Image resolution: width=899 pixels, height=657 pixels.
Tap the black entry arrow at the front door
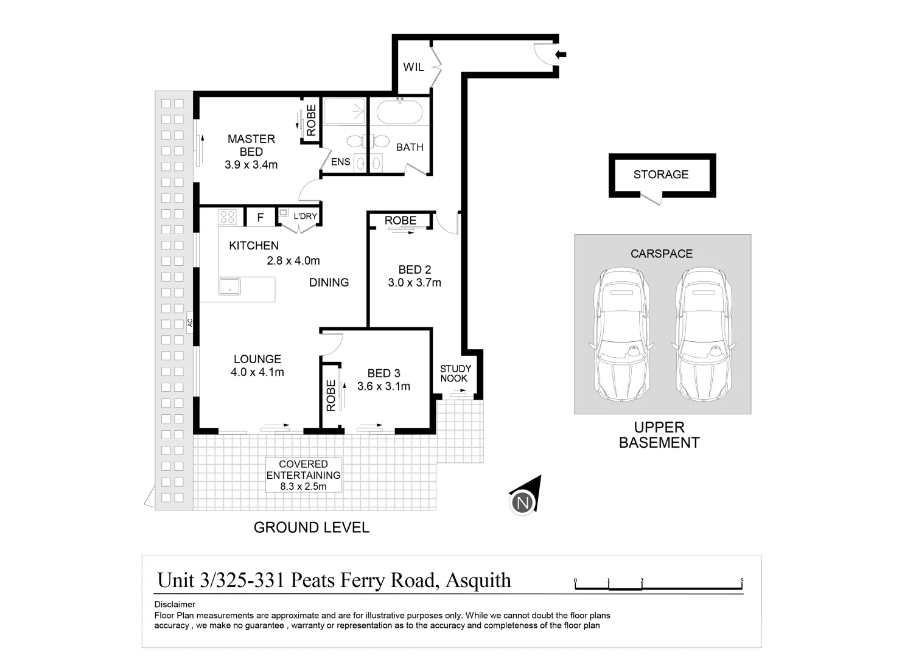[x=561, y=55]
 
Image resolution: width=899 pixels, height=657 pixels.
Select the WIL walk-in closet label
[x=413, y=67]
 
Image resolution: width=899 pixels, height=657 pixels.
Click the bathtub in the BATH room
[x=399, y=113]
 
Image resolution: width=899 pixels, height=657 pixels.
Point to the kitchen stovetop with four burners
[x=228, y=217]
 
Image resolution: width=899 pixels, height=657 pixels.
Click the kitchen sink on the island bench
[x=229, y=287]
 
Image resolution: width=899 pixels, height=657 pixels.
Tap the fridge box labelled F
[x=260, y=217]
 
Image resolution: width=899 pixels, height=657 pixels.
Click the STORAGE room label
[x=660, y=175]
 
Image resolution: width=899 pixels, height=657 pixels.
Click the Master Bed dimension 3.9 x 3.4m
[x=251, y=165]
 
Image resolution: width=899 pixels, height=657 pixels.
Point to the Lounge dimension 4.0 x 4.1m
[x=257, y=372]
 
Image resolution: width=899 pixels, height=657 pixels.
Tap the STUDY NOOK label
[x=455, y=374]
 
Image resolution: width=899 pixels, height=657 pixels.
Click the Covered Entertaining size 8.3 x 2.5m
[x=303, y=486]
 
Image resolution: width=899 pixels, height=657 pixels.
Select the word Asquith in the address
[x=478, y=580]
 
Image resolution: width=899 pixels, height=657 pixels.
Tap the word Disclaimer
[x=175, y=605]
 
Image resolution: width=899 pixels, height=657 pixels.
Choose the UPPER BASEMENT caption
[x=659, y=435]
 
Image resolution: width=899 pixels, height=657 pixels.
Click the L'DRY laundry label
[x=305, y=216]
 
